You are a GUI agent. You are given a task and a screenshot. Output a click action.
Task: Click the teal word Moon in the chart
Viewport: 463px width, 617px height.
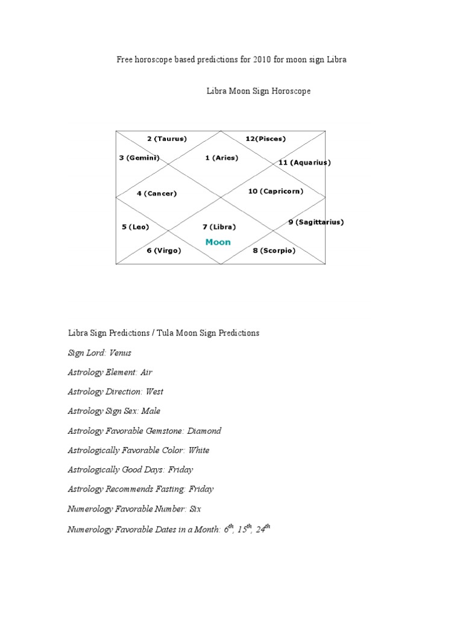[x=218, y=242]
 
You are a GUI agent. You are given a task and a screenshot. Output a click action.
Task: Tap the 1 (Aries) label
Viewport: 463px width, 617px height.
[x=221, y=158]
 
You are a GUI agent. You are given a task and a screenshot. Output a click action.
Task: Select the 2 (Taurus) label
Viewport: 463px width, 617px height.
[x=167, y=139]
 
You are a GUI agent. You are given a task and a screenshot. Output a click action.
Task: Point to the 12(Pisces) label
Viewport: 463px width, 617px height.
[x=265, y=139]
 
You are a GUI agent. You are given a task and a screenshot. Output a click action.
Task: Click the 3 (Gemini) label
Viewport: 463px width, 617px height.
[x=139, y=158]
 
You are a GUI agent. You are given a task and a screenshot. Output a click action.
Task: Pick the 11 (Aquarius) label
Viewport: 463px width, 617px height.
[x=304, y=163]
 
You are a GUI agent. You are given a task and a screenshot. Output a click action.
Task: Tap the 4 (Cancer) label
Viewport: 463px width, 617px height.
[x=156, y=193]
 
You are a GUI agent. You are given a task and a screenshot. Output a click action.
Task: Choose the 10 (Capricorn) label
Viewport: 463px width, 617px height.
[x=276, y=191]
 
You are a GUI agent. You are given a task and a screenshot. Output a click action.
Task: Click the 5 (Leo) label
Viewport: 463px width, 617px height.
[x=135, y=227]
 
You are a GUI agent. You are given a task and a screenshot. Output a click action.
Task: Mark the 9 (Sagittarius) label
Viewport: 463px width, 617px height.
[x=316, y=222]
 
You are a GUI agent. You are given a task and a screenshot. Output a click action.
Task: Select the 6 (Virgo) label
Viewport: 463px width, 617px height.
[x=163, y=251]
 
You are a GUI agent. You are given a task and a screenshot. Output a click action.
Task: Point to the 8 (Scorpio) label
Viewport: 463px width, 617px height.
[x=274, y=251]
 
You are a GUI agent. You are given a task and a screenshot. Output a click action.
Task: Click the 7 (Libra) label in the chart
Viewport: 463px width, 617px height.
[x=219, y=227]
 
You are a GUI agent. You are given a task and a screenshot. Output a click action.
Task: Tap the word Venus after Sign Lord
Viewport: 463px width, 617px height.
[x=120, y=352]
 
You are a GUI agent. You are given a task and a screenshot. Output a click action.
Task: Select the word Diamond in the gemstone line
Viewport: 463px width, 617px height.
[x=204, y=431]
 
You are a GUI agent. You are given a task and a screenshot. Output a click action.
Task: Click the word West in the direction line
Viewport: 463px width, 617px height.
[x=154, y=392]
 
